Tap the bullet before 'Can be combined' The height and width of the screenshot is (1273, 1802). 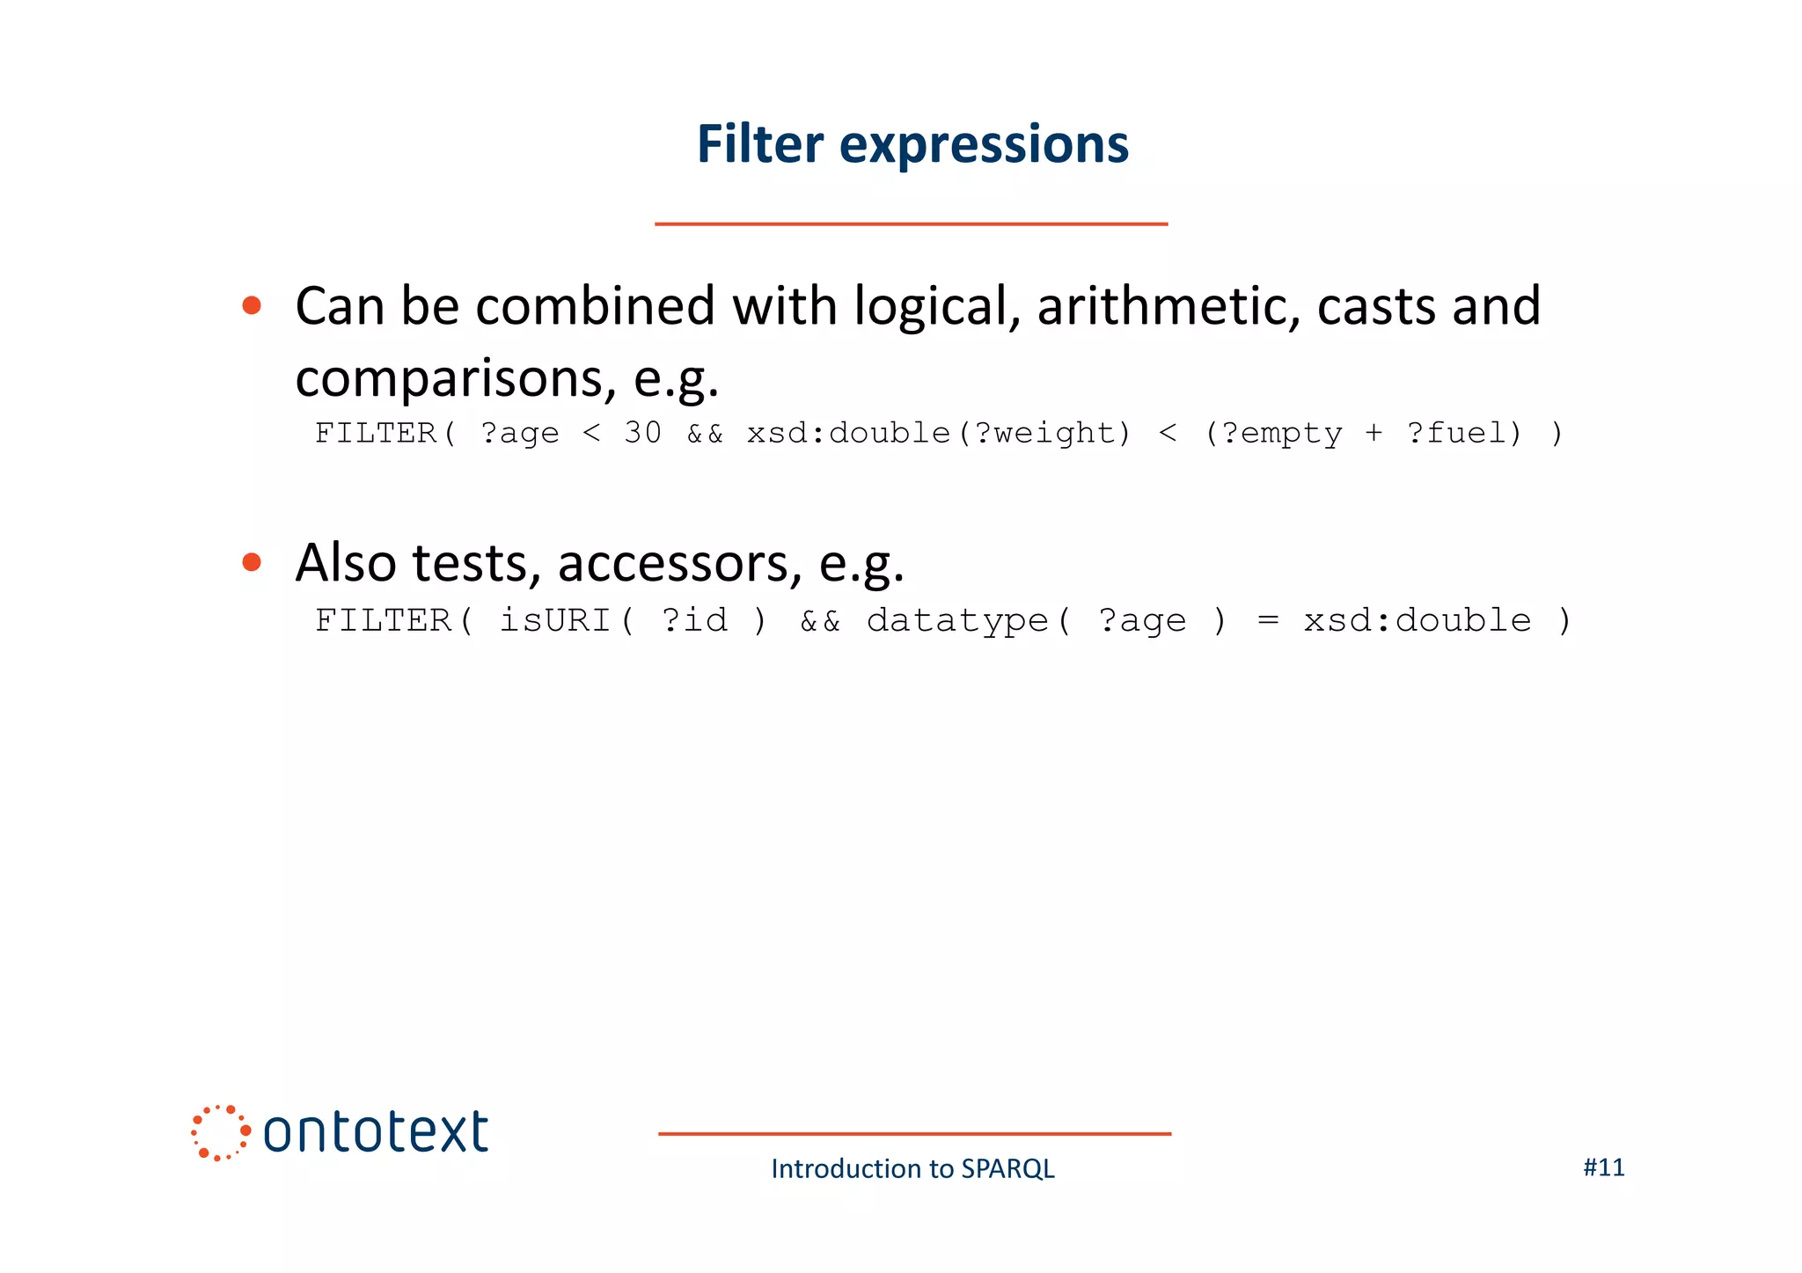tap(252, 306)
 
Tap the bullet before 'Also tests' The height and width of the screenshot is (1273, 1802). tap(252, 562)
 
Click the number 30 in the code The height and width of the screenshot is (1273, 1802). tap(642, 433)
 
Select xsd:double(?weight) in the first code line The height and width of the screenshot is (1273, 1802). tap(939, 433)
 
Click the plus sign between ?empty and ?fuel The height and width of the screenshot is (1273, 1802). tap(1373, 433)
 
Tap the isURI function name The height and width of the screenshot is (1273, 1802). tap(555, 620)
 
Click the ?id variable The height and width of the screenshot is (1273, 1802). tap(694, 620)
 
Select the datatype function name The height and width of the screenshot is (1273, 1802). tap(957, 620)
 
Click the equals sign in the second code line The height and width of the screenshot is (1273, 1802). tap(1267, 620)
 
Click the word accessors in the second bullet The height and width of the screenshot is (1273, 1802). tap(679, 564)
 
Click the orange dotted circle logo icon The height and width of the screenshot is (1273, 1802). tap(220, 1132)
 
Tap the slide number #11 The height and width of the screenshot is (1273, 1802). tap(1603, 1167)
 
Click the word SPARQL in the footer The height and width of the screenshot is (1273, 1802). tap(1007, 1169)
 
